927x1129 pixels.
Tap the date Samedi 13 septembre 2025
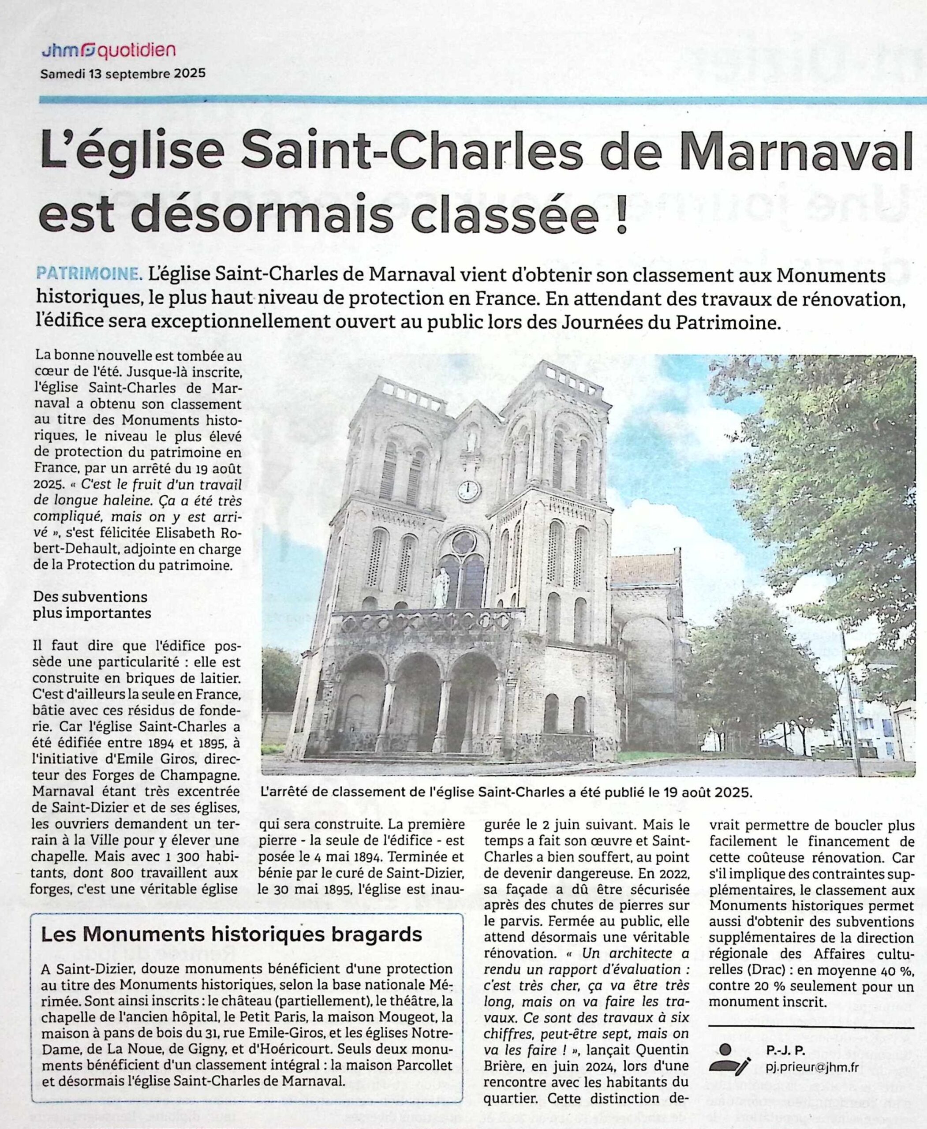tap(123, 74)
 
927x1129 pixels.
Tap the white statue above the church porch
tap(441, 587)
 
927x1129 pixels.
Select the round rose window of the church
tap(463, 542)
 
